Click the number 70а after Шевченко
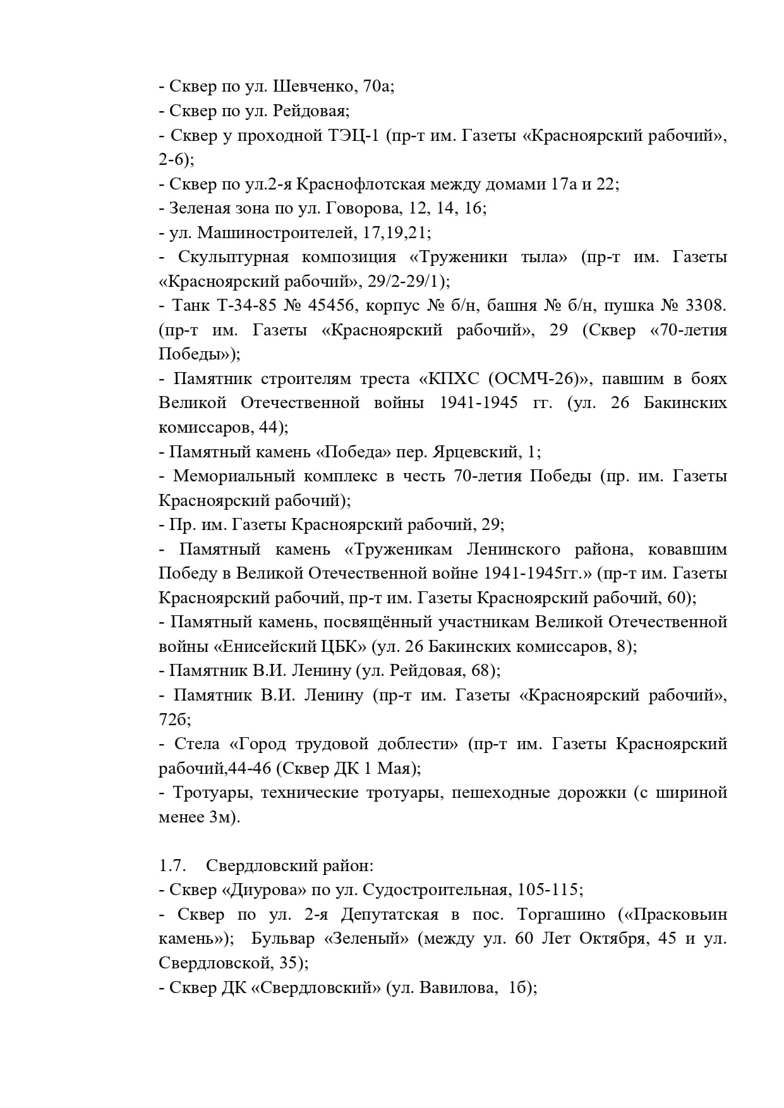click(378, 87)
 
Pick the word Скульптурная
click(233, 257)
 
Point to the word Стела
click(197, 744)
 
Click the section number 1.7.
click(171, 865)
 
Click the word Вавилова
click(457, 988)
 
